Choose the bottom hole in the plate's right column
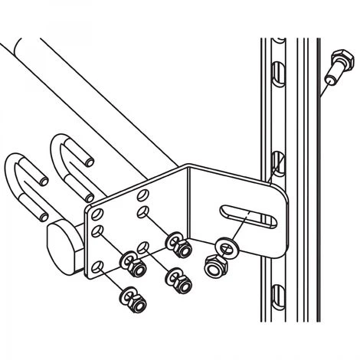(x=144, y=247)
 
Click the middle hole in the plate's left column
(x=96, y=229)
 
